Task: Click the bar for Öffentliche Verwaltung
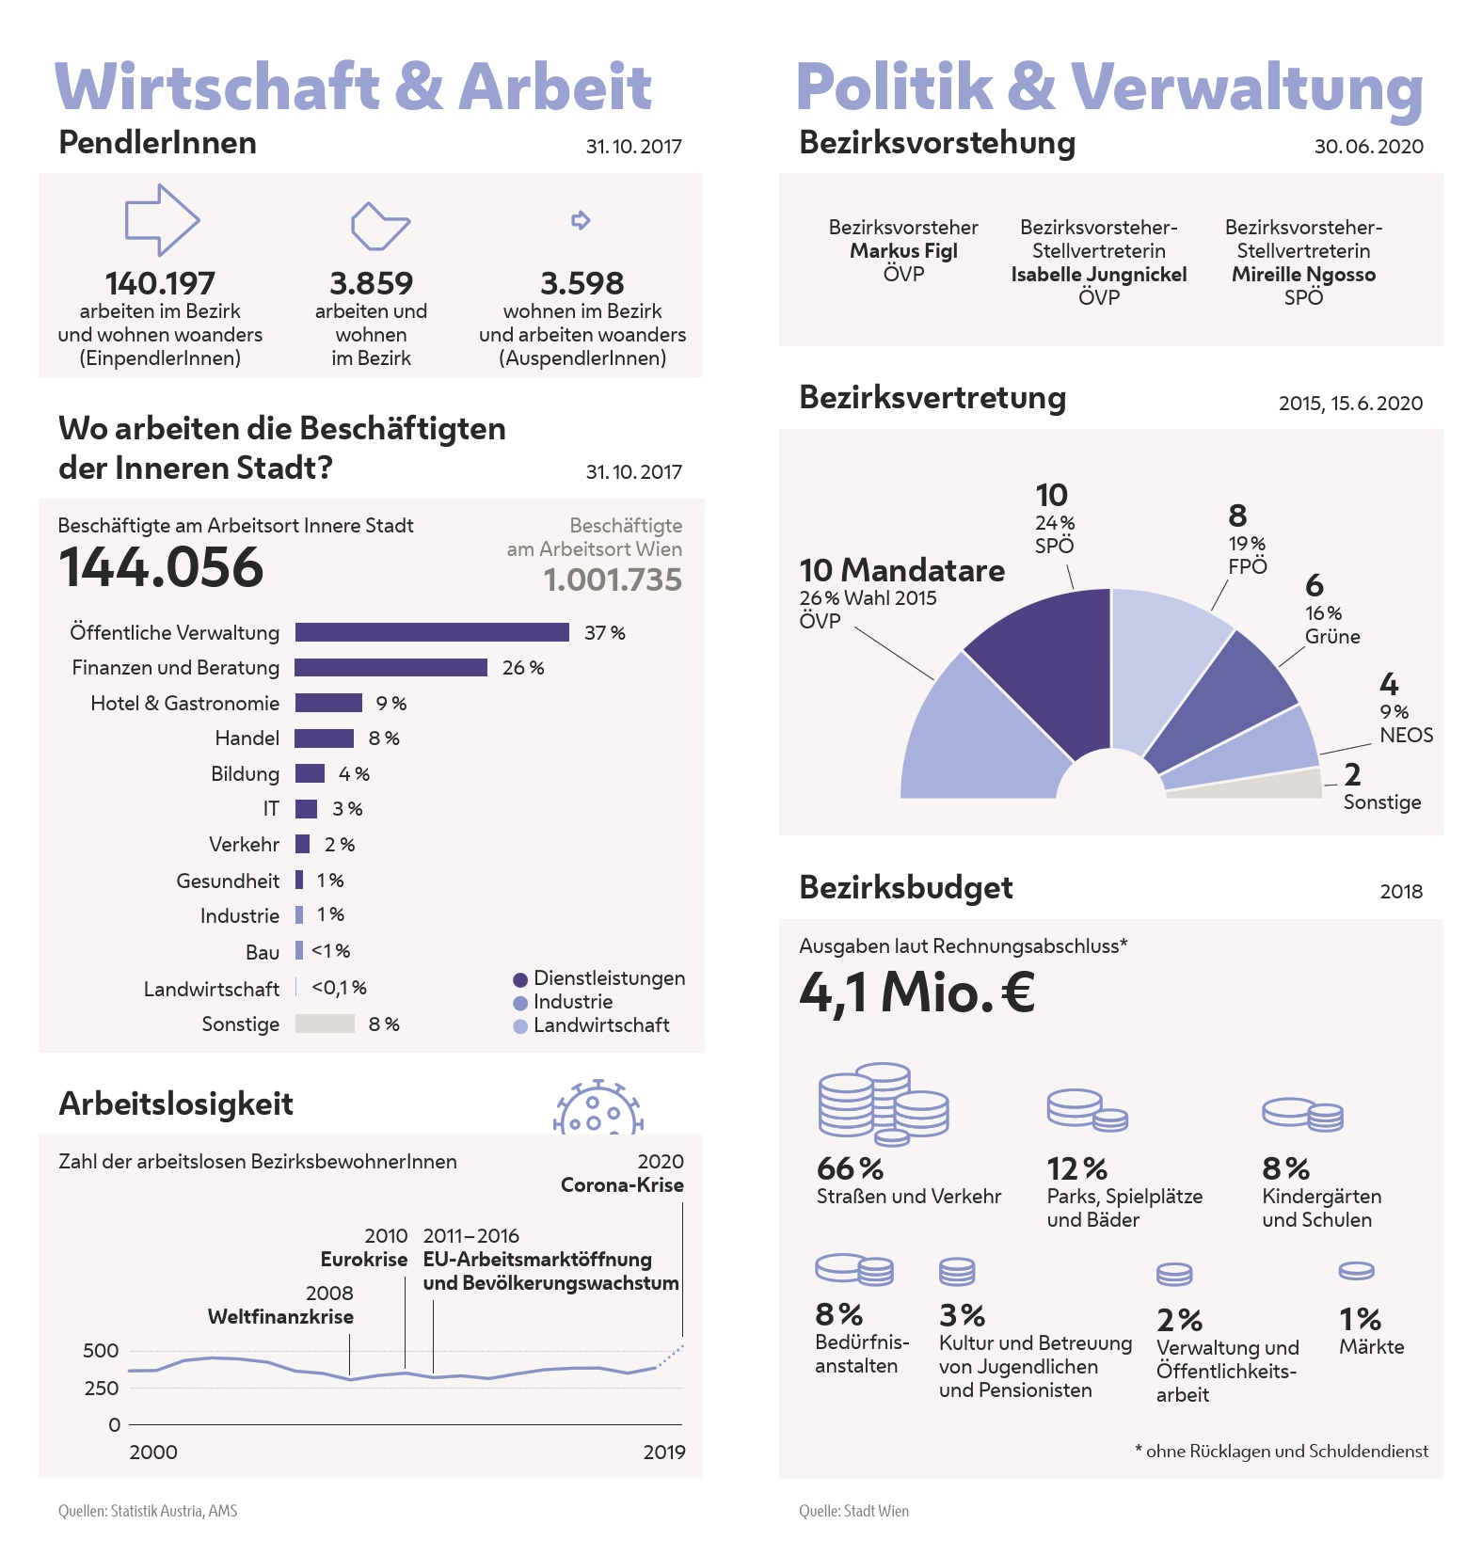432,632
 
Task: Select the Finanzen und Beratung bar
390,668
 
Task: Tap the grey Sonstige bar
325,1024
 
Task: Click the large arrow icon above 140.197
162,220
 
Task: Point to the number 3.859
371,283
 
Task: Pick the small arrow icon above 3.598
581,220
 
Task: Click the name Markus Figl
903,251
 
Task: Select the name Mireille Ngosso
1303,275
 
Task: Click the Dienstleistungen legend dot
520,979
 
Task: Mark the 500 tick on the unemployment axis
101,1351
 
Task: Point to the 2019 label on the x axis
664,1452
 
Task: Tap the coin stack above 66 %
882,1103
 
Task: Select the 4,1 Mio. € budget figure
916,992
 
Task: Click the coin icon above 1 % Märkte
1356,1271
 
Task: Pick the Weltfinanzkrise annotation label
280,1317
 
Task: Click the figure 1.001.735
613,580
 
